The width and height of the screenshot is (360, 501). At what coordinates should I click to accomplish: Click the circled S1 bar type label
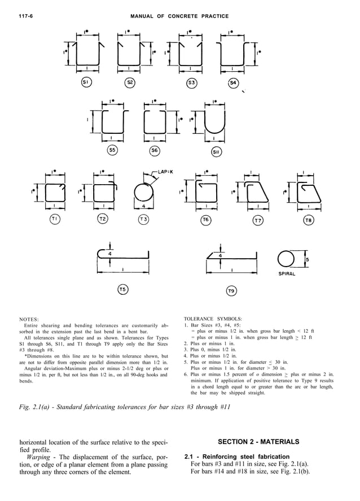(x=86, y=82)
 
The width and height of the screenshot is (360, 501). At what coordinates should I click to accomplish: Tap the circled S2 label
(x=130, y=82)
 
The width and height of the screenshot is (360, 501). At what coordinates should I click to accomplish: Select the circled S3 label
(x=192, y=83)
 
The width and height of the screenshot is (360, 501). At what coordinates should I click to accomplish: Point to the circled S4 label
(x=233, y=83)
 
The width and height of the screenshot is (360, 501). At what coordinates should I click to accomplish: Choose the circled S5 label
(x=113, y=150)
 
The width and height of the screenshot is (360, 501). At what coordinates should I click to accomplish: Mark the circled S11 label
(x=217, y=152)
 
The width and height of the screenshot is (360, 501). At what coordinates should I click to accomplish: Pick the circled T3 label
(x=144, y=219)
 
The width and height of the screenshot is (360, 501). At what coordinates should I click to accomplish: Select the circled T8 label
(x=309, y=220)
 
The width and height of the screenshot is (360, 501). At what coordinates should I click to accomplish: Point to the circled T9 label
(x=231, y=291)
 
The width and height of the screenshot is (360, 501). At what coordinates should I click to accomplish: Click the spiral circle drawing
(x=286, y=259)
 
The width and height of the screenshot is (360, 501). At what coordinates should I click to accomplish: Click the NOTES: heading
(x=28, y=319)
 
